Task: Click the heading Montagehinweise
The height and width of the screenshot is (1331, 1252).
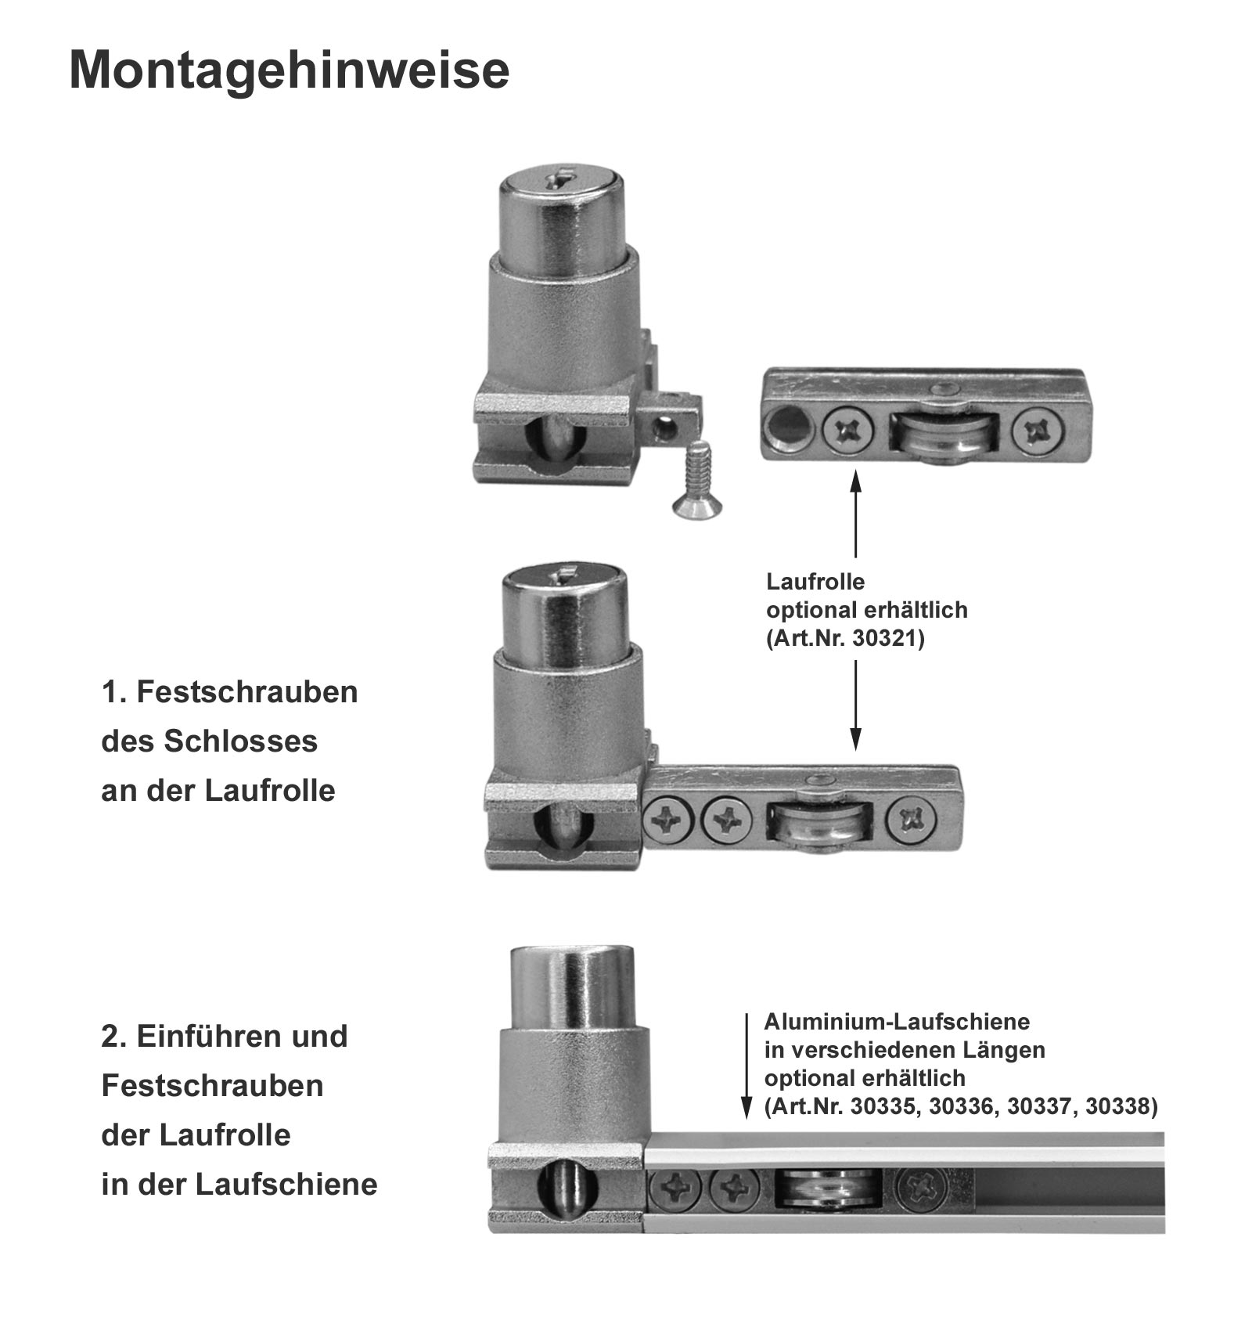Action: tap(290, 70)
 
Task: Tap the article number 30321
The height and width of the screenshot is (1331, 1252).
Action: tap(888, 639)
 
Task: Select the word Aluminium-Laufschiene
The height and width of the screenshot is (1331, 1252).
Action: tap(897, 1022)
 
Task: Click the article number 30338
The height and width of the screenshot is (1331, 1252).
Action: tap(1119, 1106)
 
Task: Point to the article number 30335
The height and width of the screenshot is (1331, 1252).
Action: tap(887, 1106)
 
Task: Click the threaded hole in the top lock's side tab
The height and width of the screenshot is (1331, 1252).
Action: tap(666, 427)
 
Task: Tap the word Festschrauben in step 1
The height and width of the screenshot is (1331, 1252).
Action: tap(246, 692)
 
